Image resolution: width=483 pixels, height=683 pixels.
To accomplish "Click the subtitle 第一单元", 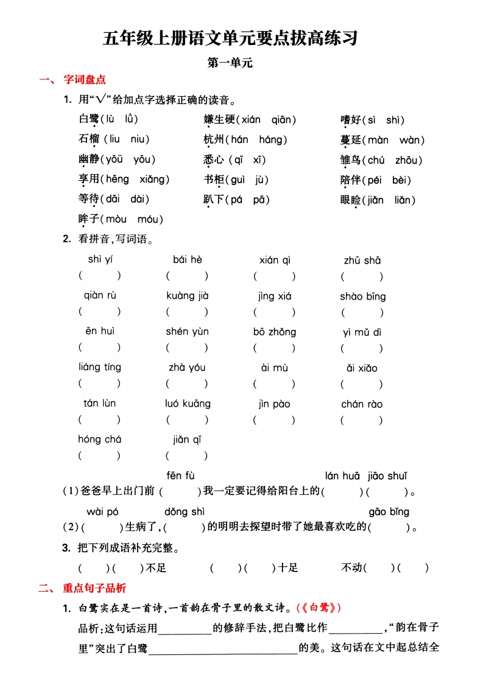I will [x=230, y=62].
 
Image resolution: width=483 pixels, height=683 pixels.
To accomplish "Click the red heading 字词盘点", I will [x=85, y=80].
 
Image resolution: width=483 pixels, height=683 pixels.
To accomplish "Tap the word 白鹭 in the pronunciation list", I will [x=88, y=119].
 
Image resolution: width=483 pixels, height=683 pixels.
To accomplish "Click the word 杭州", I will [x=214, y=139].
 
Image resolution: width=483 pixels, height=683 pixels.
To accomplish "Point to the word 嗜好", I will [x=351, y=120].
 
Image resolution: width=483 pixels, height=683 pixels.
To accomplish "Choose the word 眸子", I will [x=88, y=219].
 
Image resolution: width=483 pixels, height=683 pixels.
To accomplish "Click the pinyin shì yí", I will [x=100, y=260].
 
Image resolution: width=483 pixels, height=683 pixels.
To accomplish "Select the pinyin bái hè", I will [x=187, y=260].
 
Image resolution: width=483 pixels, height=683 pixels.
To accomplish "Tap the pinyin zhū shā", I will [x=362, y=261].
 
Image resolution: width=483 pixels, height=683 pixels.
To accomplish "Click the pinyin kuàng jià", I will [x=187, y=296].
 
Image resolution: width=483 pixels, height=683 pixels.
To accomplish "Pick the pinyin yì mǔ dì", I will [x=362, y=332].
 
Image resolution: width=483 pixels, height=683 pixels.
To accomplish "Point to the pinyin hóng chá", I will [x=100, y=440].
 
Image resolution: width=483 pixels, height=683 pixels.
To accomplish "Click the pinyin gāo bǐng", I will [x=389, y=512].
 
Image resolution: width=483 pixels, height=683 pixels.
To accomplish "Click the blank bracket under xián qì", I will [x=275, y=276].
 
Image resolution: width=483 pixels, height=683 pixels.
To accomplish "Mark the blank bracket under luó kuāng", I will [x=187, y=420].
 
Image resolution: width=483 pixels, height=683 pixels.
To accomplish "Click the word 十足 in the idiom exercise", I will [x=288, y=568].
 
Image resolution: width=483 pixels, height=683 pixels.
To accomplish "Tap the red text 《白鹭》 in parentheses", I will [x=319, y=608].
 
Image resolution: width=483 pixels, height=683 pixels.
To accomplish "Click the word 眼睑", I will [x=351, y=200].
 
